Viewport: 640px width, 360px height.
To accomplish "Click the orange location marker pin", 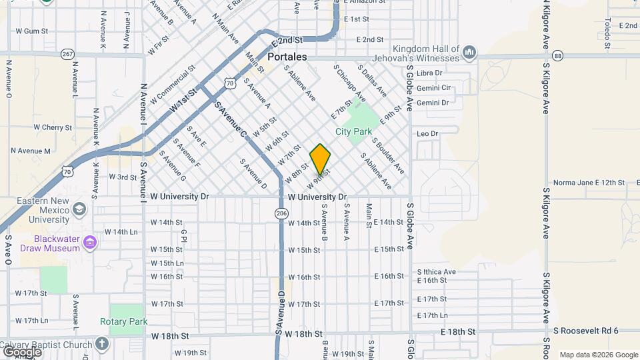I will (320, 159).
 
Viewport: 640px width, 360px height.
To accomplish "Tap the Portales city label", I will (287, 57).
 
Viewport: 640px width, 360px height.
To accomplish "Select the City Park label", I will (353, 131).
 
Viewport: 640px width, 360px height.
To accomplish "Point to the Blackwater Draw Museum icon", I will (90, 241).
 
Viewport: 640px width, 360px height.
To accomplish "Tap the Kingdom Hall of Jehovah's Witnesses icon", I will (469, 51).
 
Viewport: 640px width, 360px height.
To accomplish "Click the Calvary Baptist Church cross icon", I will (101, 344).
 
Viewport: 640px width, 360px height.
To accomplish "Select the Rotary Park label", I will (123, 321).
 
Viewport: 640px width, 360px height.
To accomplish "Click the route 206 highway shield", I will (281, 213).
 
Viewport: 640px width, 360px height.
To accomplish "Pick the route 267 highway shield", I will (67, 53).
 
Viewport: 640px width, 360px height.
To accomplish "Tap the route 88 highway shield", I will (558, 55).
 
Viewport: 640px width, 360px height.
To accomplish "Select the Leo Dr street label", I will (427, 134).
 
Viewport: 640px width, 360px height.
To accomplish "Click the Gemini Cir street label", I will (433, 88).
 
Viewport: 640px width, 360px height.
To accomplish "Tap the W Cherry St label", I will (51, 127).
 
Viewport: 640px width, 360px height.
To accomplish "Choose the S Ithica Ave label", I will (436, 271).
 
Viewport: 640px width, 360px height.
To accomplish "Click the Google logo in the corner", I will (21, 351).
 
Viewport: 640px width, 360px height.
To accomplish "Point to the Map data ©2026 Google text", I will (597, 355).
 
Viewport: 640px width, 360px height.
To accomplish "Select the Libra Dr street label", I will (429, 73).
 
